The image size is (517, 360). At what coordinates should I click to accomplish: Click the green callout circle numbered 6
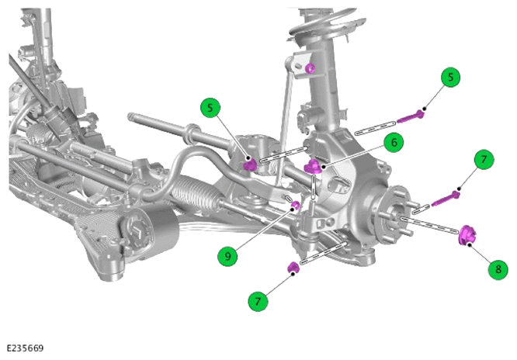(x=394, y=143)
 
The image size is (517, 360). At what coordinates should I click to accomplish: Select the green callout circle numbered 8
(x=498, y=269)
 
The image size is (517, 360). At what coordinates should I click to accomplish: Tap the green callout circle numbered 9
(x=227, y=256)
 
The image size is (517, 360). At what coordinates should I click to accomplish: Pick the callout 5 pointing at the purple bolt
(x=450, y=77)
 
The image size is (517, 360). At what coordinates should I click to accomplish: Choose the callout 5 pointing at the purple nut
(x=210, y=108)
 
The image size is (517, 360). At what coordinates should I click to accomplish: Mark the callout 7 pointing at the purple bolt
(x=484, y=160)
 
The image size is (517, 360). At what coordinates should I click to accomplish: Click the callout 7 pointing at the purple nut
(x=258, y=301)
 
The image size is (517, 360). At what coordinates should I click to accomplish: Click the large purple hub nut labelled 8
(x=467, y=235)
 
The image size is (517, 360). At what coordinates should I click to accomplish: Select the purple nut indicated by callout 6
(x=312, y=166)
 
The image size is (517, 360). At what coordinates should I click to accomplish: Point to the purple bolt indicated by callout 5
(x=411, y=116)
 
